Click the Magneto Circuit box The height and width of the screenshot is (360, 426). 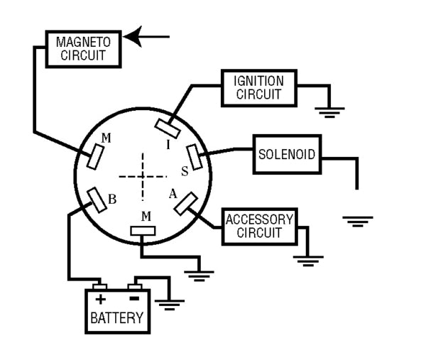[83, 48]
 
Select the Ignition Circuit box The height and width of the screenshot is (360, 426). [258, 87]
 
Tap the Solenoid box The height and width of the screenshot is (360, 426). [287, 154]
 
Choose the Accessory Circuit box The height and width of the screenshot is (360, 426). [259, 226]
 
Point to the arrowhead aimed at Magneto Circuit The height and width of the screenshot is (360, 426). [135, 36]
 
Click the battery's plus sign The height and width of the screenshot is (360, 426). [101, 299]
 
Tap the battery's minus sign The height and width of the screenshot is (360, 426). [134, 299]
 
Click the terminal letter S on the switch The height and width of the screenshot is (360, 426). [185, 170]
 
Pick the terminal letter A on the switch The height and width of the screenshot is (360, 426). [171, 194]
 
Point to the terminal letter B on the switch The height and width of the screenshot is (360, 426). [111, 200]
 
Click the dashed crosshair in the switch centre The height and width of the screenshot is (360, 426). [142, 175]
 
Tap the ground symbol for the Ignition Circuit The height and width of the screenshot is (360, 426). [330, 111]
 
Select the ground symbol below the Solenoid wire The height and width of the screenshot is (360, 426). [357, 221]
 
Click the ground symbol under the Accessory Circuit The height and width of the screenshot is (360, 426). [307, 260]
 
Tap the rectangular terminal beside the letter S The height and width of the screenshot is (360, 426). [195, 156]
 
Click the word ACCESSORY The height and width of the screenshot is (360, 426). [259, 219]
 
